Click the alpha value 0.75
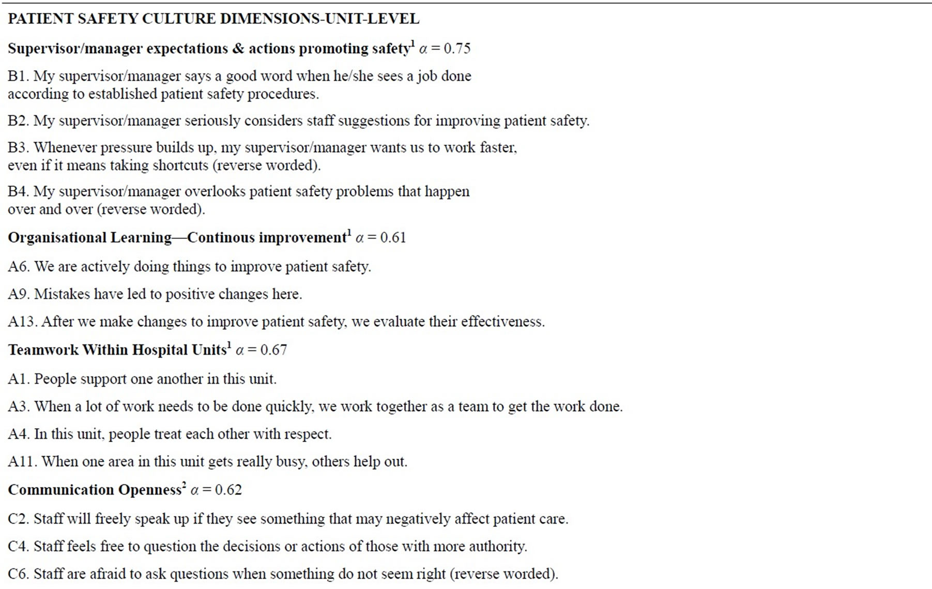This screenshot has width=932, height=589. (457, 49)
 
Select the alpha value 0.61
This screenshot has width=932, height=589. (393, 238)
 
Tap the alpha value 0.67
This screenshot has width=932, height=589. (273, 350)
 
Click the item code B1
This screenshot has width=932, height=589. (18, 77)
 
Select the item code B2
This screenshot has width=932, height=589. (18, 121)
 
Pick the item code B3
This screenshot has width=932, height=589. (18, 148)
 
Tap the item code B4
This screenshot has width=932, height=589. (18, 192)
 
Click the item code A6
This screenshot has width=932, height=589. (18, 267)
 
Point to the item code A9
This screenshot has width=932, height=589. (18, 294)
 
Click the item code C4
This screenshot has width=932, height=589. (18, 547)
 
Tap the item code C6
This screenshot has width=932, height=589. (18, 574)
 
